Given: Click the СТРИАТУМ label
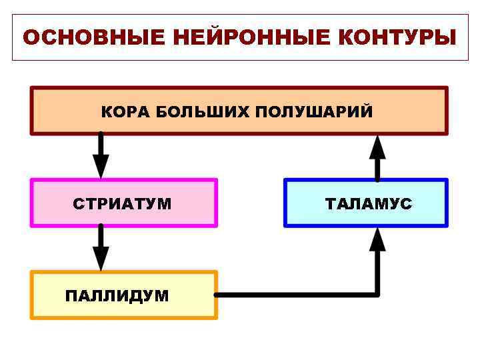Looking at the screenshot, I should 122,203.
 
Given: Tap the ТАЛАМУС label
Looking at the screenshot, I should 369,203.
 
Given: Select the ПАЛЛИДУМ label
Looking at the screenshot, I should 117,295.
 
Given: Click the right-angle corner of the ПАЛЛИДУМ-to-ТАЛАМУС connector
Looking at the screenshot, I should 378,294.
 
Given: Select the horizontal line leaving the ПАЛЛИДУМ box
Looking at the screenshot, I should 293,294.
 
